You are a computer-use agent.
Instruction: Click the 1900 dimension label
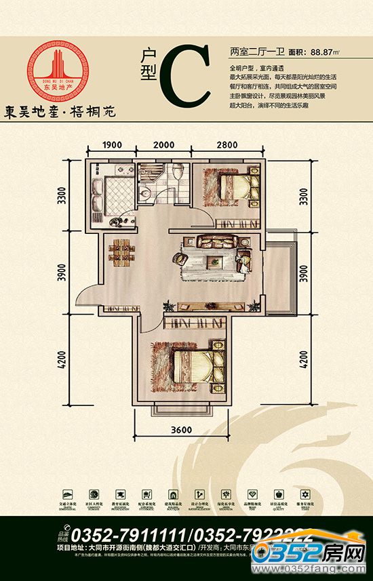tap(113, 144)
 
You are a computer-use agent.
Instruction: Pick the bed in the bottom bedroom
tap(198, 365)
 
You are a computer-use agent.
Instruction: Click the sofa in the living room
tap(217, 241)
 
